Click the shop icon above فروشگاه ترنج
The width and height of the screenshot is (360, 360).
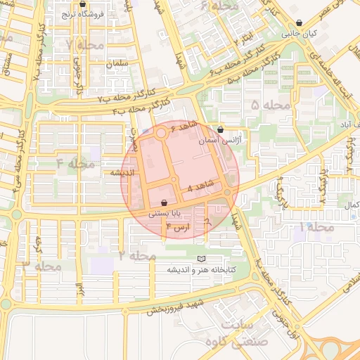coord(82,4)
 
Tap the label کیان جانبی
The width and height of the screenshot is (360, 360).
coord(300,33)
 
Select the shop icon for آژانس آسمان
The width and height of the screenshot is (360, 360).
coord(221,130)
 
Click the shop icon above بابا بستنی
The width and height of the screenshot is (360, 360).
coord(164,201)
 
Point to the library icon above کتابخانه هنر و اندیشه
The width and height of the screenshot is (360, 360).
coord(202,259)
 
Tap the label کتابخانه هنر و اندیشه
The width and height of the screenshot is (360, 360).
coord(202,270)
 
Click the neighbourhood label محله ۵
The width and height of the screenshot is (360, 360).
coord(271,105)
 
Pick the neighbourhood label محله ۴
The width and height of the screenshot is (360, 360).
coord(75,164)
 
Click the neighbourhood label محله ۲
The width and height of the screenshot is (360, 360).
coord(137,255)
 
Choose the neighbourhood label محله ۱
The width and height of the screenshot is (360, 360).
coord(316,227)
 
